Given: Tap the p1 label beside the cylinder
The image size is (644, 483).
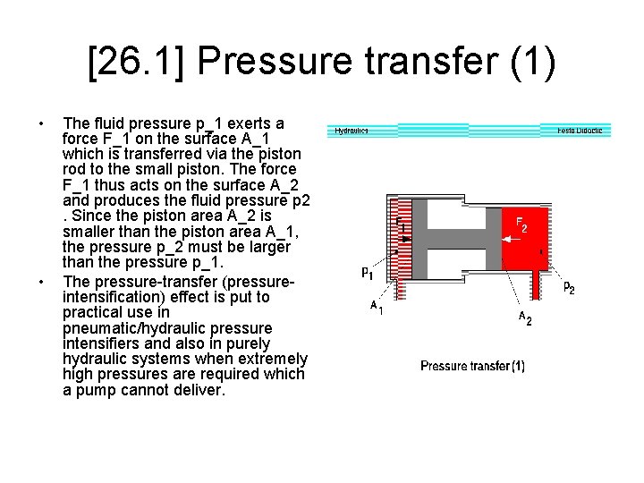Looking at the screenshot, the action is (368, 272).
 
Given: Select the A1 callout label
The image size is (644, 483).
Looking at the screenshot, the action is (377, 308).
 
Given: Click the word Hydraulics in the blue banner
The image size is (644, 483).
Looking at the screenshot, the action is (351, 131).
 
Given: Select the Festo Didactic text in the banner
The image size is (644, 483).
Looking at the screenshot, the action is (580, 131).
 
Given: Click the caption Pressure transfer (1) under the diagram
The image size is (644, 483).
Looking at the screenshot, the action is (472, 366).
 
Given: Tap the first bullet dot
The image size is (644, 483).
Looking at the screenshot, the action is (41, 123).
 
